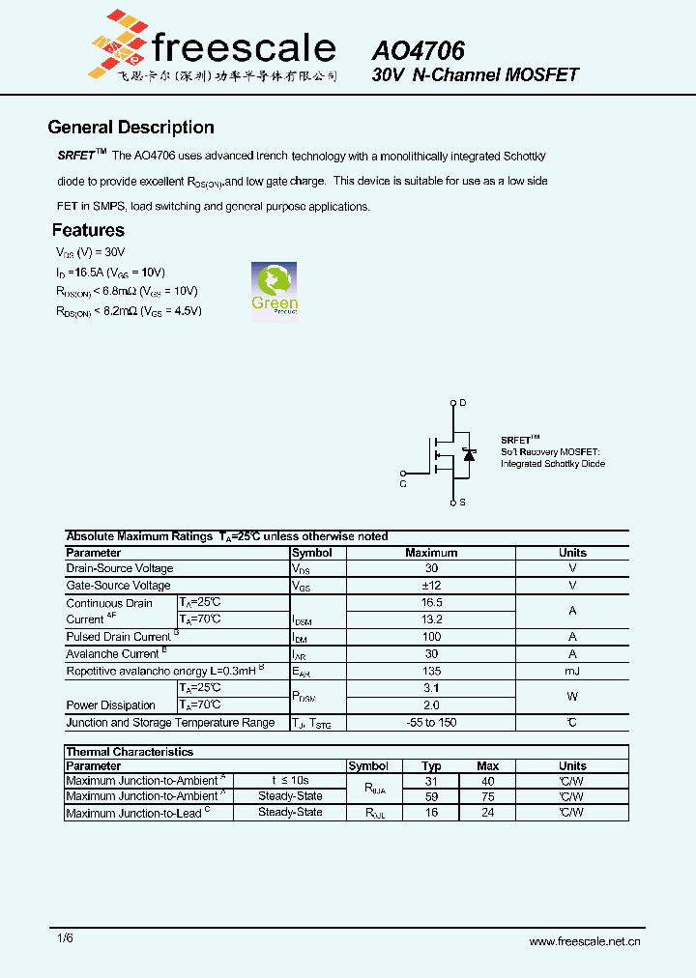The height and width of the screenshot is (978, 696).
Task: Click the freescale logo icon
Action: point(117,43)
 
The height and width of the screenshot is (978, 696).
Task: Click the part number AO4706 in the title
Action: point(419,49)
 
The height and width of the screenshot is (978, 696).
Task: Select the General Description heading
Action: point(130,128)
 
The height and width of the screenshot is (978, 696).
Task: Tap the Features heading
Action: point(88,230)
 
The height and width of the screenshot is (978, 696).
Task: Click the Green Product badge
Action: point(275,288)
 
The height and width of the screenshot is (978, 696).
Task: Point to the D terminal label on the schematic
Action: point(462,402)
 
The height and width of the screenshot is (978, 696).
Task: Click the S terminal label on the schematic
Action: point(462,503)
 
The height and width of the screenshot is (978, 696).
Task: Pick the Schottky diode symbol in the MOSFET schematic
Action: point(469,453)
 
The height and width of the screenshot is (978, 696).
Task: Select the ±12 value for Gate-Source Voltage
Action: point(431,586)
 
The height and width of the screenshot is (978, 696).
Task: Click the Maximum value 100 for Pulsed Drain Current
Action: point(431,637)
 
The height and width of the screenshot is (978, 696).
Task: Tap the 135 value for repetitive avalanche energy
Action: point(431,671)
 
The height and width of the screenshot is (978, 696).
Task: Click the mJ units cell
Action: point(572,671)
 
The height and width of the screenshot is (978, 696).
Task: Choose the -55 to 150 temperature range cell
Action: point(431,723)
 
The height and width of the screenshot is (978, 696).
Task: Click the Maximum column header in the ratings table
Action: point(431,553)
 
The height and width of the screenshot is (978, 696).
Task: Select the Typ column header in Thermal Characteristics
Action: point(431,766)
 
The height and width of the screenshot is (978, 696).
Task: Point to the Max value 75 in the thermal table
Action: point(488,796)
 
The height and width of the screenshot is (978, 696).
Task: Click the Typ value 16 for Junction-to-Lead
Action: point(431,813)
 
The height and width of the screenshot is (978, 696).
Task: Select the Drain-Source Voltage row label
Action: point(120,569)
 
